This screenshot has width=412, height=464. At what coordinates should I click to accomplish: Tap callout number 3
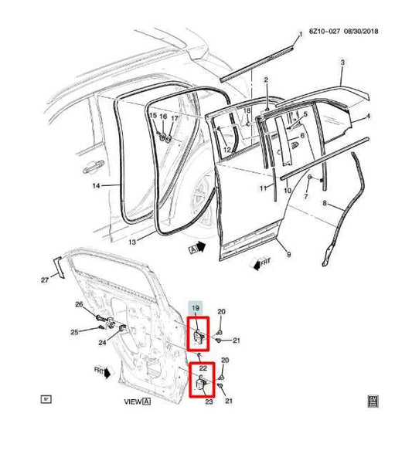tap(343, 61)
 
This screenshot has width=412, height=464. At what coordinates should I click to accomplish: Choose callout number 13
tap(132, 242)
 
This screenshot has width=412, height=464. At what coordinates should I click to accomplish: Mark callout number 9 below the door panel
tap(288, 255)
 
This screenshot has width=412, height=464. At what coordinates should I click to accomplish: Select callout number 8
tap(325, 205)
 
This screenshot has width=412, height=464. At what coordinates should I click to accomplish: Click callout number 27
tap(44, 279)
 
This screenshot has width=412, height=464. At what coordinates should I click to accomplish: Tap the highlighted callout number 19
tap(196, 309)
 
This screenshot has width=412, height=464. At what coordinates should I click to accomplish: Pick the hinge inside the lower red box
tap(200, 384)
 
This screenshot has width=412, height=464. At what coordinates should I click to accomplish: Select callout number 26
tap(78, 304)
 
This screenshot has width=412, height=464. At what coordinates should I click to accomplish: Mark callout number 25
tap(74, 333)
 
